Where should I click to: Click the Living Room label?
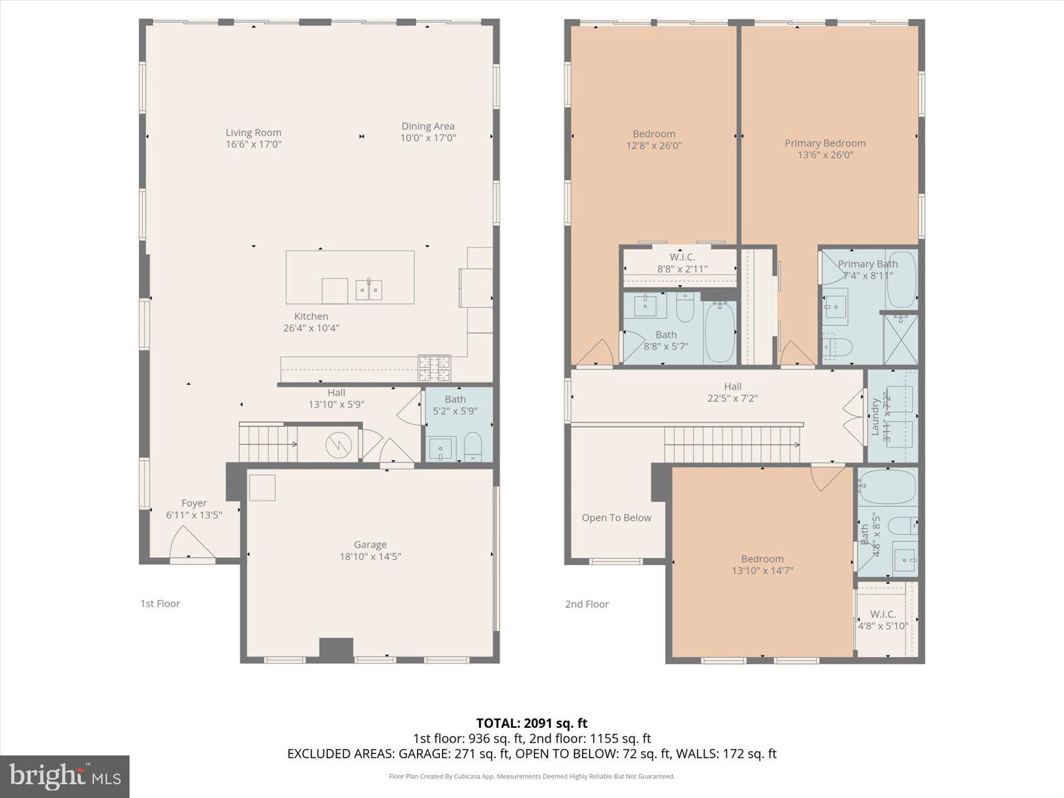tap(253, 133)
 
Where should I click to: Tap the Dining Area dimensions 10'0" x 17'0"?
tap(428, 138)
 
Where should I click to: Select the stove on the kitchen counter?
tap(434, 368)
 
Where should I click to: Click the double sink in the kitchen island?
tap(369, 290)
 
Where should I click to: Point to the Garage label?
tap(370, 545)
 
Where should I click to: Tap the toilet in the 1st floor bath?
tap(473, 446)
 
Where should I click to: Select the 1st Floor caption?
tap(160, 603)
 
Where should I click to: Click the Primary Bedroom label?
tap(825, 143)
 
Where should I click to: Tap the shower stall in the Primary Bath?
tap(900, 339)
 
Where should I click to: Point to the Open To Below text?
tap(616, 518)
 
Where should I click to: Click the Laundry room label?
tap(875, 416)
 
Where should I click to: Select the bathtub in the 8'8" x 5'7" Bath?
tap(720, 332)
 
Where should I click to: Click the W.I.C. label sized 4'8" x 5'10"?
tap(882, 614)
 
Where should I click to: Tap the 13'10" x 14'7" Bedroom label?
tap(762, 559)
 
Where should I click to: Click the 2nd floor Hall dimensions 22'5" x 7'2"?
tap(732, 398)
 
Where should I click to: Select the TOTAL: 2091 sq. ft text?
tap(531, 724)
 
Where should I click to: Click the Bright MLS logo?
tap(65, 776)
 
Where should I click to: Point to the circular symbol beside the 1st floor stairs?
tap(339, 445)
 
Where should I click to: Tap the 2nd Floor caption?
tap(586, 604)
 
